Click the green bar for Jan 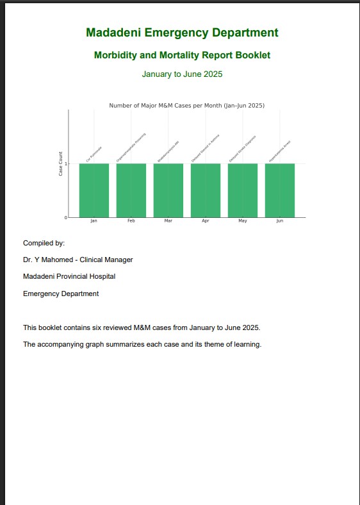94,190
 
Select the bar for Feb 131,190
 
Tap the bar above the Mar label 168,190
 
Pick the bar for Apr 205,190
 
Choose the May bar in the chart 242,190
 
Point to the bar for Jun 279,190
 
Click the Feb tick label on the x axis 131,221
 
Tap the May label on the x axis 242,221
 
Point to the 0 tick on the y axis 65,218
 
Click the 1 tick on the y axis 65,164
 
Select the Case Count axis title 61,164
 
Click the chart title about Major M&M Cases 186,105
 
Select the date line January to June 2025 182,74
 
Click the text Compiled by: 44,243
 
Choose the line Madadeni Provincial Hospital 69,276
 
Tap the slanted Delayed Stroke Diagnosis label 243,148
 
